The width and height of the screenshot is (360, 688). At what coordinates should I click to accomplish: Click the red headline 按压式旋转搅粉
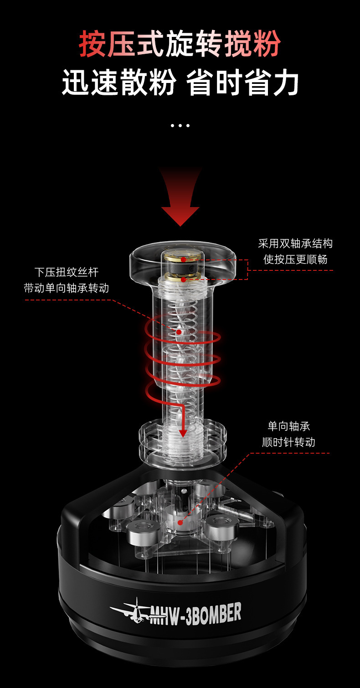(180, 44)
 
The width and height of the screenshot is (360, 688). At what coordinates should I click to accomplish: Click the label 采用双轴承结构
(295, 243)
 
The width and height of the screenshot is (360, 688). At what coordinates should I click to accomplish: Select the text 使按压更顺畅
(295, 259)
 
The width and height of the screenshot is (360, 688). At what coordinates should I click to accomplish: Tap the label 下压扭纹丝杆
(67, 272)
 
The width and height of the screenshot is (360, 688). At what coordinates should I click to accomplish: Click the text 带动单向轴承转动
(67, 288)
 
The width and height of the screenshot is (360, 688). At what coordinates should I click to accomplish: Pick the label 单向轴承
(289, 426)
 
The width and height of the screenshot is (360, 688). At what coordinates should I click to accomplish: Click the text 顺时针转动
(289, 442)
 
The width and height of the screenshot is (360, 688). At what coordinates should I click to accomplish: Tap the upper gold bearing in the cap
(183, 259)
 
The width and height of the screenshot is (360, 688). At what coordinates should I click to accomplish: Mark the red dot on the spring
(179, 332)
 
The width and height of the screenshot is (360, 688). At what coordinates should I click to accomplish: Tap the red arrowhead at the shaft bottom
(183, 432)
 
